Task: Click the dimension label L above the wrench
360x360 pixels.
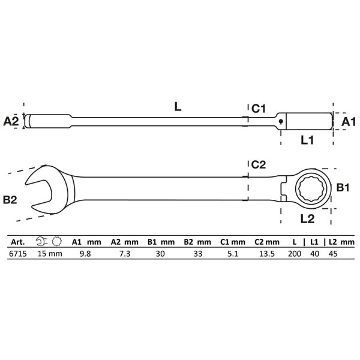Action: pyautogui.click(x=178, y=106)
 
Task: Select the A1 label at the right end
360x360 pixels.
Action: pyautogui.click(x=347, y=121)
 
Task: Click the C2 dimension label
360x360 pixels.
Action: pyautogui.click(x=259, y=164)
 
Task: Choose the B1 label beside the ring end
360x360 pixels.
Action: pyautogui.click(x=343, y=188)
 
